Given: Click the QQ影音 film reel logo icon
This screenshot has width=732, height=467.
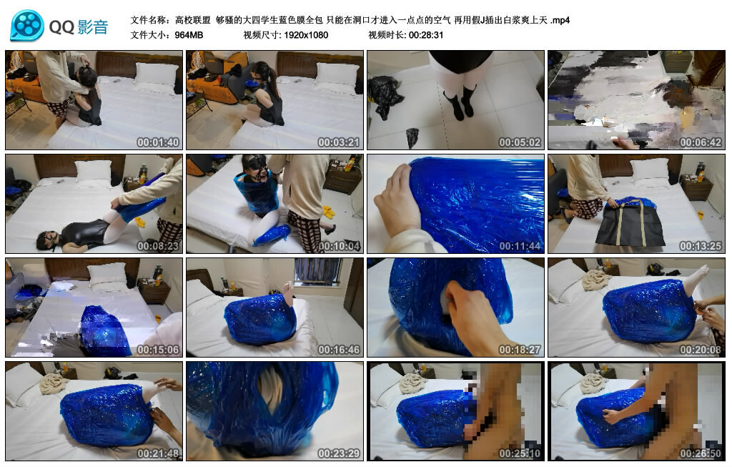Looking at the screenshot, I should (27, 26).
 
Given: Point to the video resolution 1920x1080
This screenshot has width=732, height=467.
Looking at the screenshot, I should (305, 34).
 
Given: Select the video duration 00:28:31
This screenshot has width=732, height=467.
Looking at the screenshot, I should (426, 34).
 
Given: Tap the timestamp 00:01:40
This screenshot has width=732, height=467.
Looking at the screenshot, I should (158, 142).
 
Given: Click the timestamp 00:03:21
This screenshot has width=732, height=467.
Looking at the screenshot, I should (339, 142).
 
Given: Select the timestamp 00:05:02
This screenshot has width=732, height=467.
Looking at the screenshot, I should (520, 142).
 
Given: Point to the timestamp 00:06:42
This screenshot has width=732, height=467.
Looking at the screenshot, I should (701, 142).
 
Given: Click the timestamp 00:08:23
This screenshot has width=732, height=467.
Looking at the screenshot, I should (158, 246).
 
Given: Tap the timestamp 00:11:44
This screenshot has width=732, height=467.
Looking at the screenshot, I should (520, 246).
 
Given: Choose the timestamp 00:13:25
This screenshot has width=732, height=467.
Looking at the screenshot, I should (701, 246).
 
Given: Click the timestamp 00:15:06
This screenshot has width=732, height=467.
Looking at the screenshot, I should (158, 350).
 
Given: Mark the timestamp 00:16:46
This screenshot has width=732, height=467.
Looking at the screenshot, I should (339, 350).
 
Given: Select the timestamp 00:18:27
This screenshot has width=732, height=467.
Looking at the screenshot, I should (520, 350).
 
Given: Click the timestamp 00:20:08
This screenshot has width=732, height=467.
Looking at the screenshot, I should (701, 350).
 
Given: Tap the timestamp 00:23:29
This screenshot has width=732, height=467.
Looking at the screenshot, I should (339, 453).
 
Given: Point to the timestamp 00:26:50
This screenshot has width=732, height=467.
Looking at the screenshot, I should (701, 453).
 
